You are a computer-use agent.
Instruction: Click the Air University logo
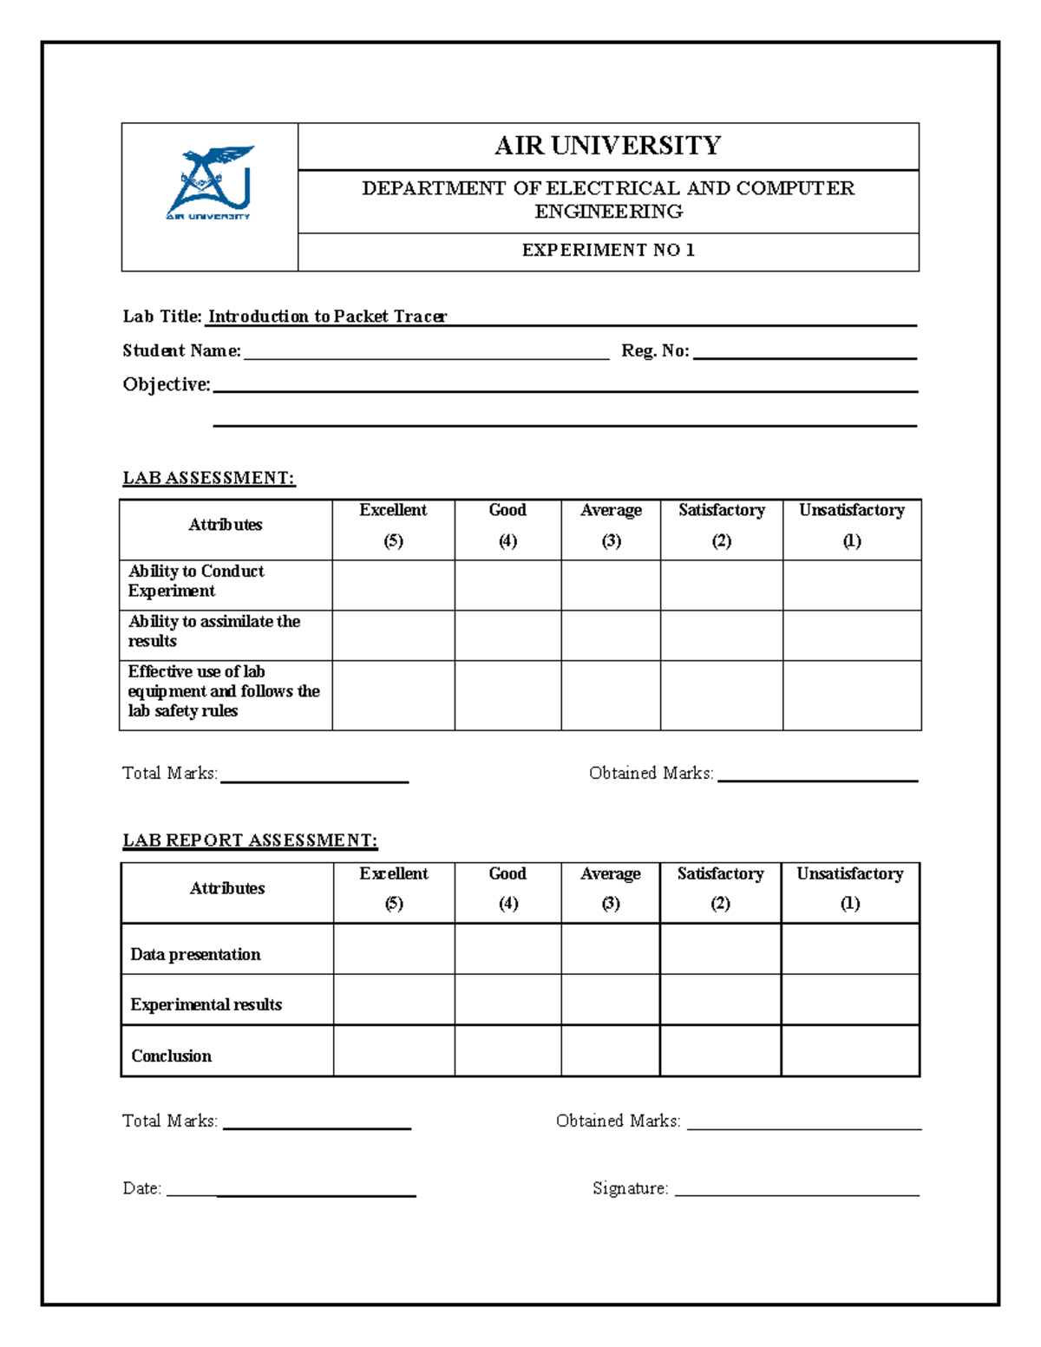(x=209, y=184)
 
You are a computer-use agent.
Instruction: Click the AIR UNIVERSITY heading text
(x=607, y=146)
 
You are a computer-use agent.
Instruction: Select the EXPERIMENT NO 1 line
(x=607, y=251)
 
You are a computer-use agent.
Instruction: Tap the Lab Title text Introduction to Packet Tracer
(x=327, y=317)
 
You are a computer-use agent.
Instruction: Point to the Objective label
(x=166, y=384)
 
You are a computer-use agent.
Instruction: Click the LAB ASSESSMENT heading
(x=208, y=478)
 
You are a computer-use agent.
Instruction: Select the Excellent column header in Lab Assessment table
(x=393, y=526)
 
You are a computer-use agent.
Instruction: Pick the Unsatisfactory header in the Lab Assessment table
(x=851, y=526)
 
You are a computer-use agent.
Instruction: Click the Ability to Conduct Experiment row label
(x=196, y=581)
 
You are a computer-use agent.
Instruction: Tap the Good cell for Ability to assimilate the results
(x=507, y=635)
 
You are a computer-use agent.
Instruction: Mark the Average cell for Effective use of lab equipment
(x=611, y=695)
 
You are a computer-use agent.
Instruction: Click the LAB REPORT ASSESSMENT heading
(x=250, y=840)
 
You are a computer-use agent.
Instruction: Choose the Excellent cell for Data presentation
(x=394, y=949)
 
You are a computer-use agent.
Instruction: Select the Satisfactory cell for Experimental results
(x=720, y=999)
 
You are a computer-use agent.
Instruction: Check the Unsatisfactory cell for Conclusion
(x=850, y=1050)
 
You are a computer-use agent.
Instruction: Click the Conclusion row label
(x=172, y=1056)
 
